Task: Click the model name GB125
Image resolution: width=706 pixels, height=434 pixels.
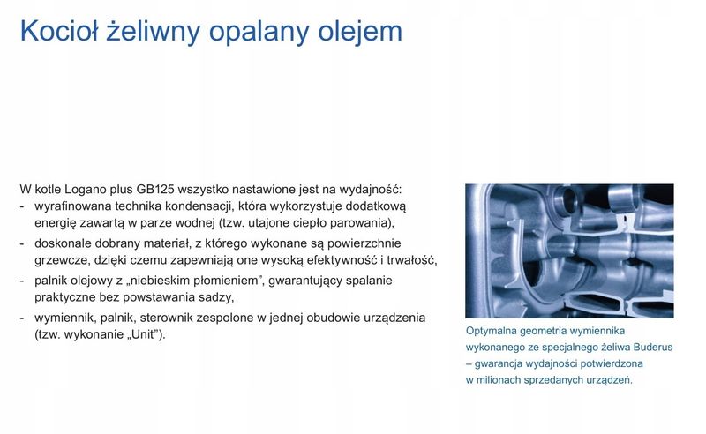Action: coord(155,189)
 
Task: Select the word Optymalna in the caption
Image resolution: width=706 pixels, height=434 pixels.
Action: coord(492,332)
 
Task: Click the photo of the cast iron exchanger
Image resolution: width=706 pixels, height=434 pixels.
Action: coord(569,251)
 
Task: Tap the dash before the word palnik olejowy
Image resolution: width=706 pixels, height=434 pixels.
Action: coord(22,280)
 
